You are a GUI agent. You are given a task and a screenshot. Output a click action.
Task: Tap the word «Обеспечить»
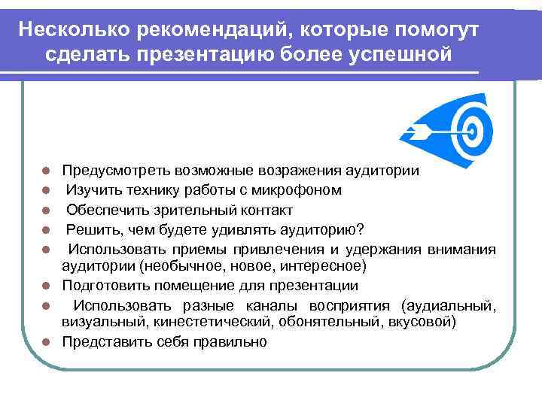tap(105, 210)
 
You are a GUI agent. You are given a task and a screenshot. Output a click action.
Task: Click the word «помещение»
tap(183, 286)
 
